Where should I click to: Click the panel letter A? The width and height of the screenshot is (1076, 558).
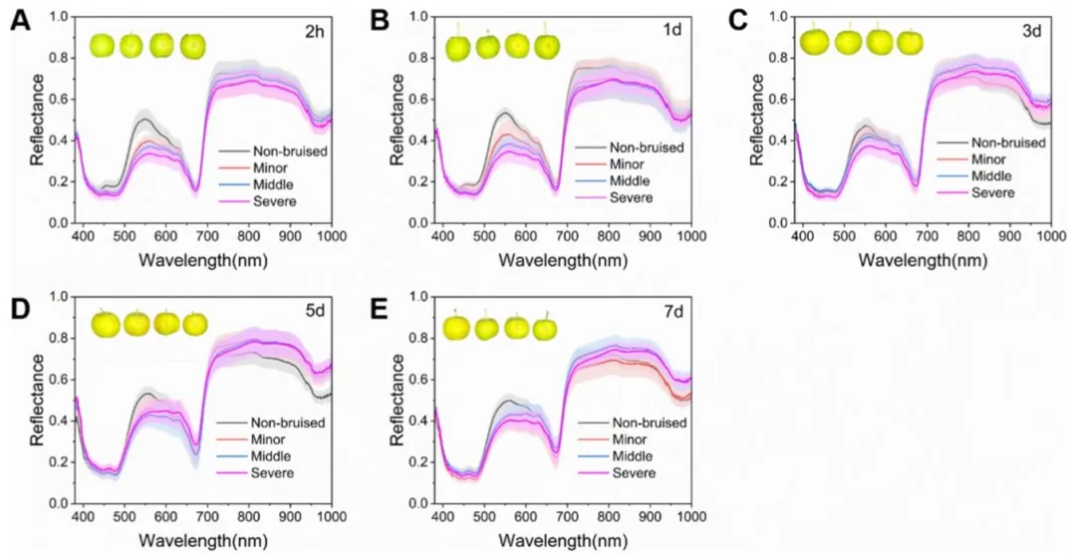[19, 20]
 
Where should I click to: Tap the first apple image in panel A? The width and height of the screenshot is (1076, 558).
[103, 45]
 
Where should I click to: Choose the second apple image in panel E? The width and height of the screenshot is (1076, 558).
[487, 327]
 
